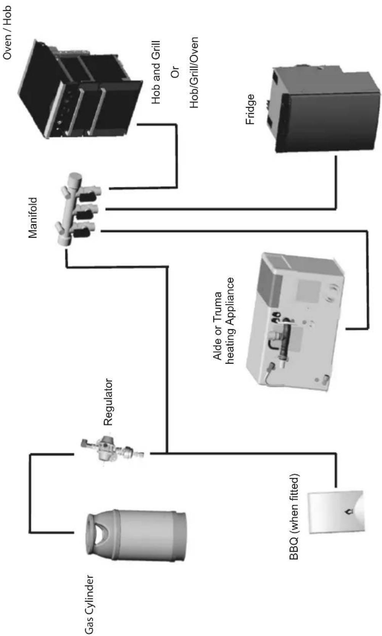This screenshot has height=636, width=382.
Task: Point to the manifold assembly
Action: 79,209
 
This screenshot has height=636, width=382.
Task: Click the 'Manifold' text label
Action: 32,218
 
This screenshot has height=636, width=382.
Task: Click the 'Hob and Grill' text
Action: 156,72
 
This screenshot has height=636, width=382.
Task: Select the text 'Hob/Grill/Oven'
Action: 194,73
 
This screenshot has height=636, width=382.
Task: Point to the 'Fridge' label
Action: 250,109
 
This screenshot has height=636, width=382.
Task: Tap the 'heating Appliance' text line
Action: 229,321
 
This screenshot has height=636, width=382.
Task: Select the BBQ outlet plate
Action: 336,511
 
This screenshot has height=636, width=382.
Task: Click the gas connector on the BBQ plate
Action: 348,511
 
